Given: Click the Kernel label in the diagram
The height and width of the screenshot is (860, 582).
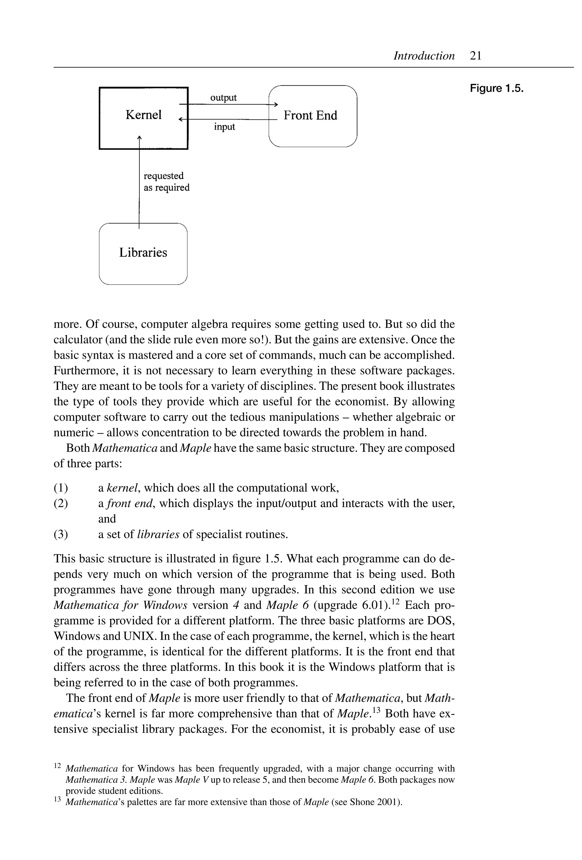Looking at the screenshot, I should pos(144,115).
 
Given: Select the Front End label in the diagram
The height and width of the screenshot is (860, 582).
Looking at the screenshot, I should pos(310,116).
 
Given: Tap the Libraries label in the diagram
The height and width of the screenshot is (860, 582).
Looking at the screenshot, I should pos(143,253).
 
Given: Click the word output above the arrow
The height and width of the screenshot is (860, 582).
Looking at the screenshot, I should pos(223,98).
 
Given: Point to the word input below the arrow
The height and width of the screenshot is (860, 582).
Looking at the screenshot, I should pos(224,127).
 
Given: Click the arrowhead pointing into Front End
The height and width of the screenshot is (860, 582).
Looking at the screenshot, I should pos(275,105).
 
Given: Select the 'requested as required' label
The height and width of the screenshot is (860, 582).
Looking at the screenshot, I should pos(166,182).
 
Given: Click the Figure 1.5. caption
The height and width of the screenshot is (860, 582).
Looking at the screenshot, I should pos(496,89).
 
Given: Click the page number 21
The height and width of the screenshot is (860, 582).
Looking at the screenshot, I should pos(475,56).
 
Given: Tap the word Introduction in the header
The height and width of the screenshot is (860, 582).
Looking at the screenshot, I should pos(424,56).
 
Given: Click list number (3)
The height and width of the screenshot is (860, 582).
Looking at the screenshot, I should pos(61,534).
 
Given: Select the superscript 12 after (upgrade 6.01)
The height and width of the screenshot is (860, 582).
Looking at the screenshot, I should pos(396,601).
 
